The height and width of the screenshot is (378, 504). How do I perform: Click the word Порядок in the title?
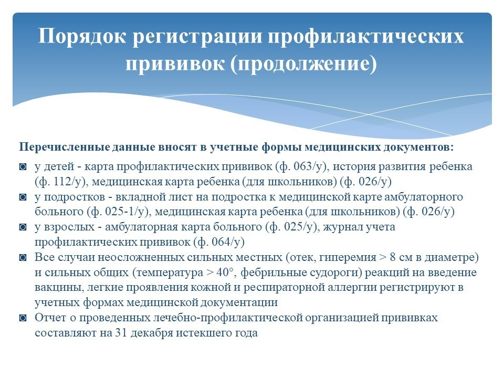(x=82, y=36)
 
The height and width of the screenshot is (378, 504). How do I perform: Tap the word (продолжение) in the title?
(x=303, y=64)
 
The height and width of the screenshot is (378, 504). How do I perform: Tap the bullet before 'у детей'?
(x=23, y=167)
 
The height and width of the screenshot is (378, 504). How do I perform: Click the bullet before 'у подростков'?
(x=23, y=197)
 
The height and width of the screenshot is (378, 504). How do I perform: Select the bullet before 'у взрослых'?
(x=23, y=227)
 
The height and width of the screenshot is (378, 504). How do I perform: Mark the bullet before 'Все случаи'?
(x=23, y=257)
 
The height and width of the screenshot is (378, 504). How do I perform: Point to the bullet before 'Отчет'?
(x=23, y=318)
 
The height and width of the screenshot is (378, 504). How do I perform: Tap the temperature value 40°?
(x=225, y=272)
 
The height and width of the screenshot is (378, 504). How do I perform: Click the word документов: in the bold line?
(x=418, y=147)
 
